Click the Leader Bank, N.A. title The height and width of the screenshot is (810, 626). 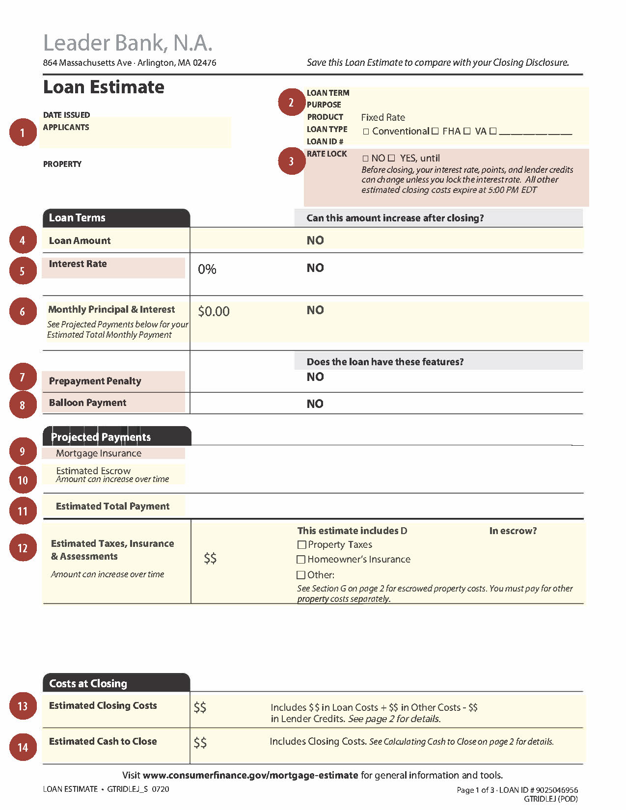click(128, 43)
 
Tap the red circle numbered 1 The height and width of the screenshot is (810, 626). click(23, 132)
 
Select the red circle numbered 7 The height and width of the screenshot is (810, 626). click(23, 377)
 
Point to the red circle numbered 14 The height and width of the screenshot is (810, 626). click(23, 747)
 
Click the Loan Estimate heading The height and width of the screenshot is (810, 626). click(104, 87)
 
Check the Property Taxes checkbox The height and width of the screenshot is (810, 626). click(301, 544)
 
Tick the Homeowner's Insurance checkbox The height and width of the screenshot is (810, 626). click(301, 559)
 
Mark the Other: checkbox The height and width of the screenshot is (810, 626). click(301, 575)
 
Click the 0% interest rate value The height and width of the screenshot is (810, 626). click(207, 269)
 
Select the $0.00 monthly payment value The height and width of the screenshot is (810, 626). click(214, 311)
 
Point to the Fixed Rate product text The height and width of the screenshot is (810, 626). click(383, 117)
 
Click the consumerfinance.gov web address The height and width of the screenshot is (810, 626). click(250, 775)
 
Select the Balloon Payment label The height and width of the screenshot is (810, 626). click(87, 403)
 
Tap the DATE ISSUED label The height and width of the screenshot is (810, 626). click(66, 115)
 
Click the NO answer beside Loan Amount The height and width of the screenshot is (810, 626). click(315, 241)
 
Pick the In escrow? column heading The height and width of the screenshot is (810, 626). click(513, 531)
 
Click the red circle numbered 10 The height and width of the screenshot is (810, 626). click(23, 480)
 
